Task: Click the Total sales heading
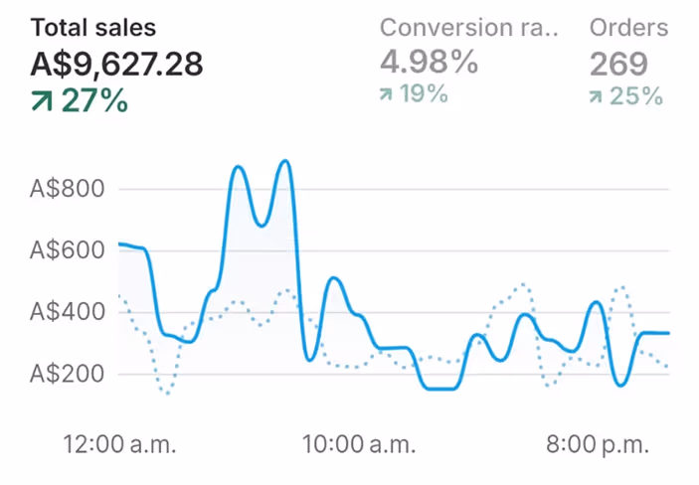[x=93, y=28]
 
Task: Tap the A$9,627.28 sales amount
[x=116, y=65]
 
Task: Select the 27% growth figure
[x=94, y=100]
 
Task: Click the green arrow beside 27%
[x=42, y=100]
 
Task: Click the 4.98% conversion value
[x=429, y=64]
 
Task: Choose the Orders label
[x=628, y=28]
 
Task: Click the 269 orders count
[x=618, y=65]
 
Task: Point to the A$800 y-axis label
[x=69, y=189]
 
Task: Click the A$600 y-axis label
[x=69, y=250]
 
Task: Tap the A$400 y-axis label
[x=69, y=312]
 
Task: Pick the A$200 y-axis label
[x=69, y=375]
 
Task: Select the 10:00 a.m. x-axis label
[x=359, y=442]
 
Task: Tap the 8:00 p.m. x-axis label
[x=598, y=442]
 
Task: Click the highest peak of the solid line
[x=286, y=161]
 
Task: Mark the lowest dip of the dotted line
[x=167, y=394]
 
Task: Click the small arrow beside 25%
[x=596, y=96]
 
